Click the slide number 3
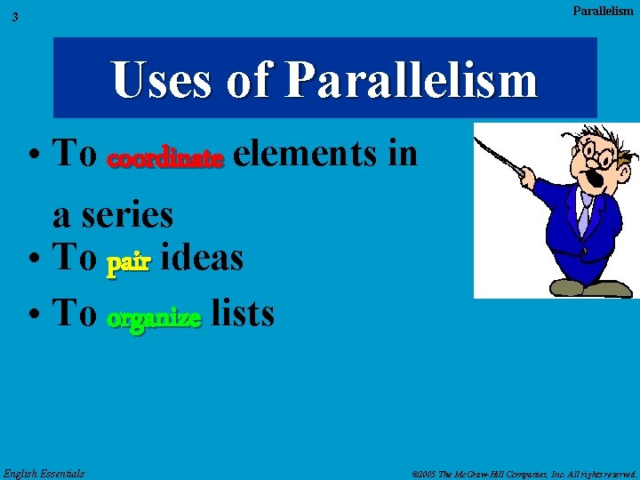point(15,17)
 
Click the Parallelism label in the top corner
point(603,11)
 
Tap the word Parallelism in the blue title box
point(412,80)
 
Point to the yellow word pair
point(129,264)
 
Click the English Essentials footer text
point(44,473)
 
